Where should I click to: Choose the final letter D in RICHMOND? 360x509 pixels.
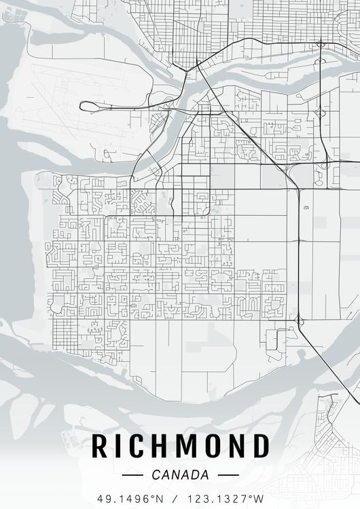coord(262,446)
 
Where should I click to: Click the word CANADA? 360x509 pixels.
coord(181,475)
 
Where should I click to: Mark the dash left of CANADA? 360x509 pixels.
coord(132,475)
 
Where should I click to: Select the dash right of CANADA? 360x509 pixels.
coord(228,475)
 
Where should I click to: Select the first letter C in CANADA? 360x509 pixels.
coord(156,475)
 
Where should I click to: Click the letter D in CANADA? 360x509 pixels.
coord(194,475)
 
